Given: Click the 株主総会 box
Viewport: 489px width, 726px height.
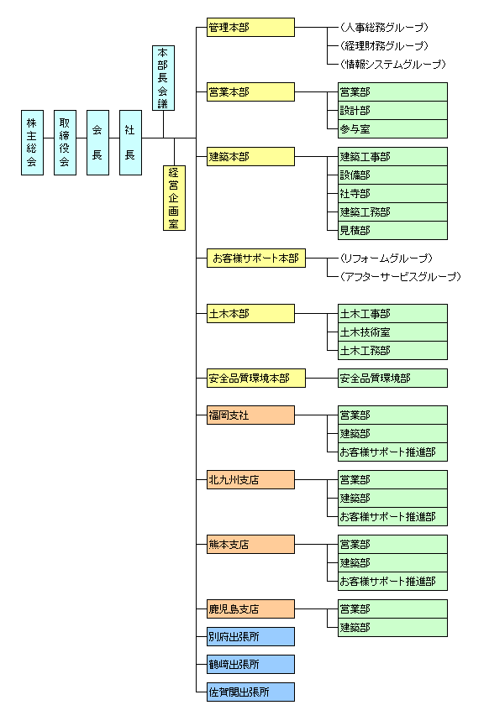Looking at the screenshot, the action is coord(33,143).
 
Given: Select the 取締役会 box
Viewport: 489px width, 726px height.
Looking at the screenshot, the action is coord(65,143).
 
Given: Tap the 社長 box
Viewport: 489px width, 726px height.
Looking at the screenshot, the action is coord(130,143).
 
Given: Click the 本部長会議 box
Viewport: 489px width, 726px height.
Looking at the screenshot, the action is coord(163,78).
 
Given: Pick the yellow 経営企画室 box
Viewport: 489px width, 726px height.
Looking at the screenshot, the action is coord(174,198).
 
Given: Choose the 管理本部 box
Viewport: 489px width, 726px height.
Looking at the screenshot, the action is coord(250,28).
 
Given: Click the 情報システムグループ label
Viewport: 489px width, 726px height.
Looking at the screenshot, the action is coord(392,65).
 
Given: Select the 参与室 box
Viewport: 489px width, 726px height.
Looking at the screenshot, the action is coord(392,128).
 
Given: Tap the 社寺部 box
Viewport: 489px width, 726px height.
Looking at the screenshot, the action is coord(392,194).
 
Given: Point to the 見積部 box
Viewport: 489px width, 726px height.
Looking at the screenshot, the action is coord(392,231).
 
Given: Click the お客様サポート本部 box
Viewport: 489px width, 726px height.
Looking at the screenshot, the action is coord(256,258).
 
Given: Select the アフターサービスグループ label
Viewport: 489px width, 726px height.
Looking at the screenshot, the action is coord(401,277).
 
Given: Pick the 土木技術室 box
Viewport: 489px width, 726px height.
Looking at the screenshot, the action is coord(392,332).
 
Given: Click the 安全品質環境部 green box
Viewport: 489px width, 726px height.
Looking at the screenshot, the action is coord(392,379).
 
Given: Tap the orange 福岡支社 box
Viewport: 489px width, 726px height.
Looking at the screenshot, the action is coord(250,415).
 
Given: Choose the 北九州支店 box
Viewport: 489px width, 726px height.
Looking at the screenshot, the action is coord(250,480).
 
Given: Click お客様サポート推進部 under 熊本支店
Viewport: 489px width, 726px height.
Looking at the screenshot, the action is coord(392,581).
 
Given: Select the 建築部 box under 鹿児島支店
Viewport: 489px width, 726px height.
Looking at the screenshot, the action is coord(392,627).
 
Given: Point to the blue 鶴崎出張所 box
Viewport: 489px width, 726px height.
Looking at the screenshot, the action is coord(250,665).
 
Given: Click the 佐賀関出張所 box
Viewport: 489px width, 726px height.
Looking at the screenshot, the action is coord(250,692).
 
